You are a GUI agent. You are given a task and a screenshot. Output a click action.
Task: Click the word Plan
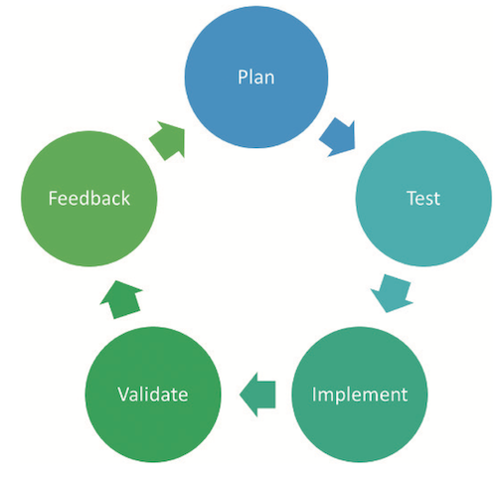[x=256, y=78]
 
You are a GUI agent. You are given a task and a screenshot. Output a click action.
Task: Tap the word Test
[x=423, y=199]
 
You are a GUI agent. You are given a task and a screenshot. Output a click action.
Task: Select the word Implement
[x=360, y=395]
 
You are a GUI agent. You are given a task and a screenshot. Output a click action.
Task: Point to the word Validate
[x=153, y=395]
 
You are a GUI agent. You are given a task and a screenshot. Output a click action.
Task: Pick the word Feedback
[x=89, y=198]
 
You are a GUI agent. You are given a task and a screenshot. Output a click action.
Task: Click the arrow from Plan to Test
[x=338, y=137]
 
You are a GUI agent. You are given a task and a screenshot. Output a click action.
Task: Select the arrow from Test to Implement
[x=392, y=293]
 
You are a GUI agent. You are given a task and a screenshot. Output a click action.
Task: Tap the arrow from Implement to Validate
[x=257, y=395]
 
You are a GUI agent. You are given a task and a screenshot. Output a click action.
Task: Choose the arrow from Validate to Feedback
[x=121, y=299]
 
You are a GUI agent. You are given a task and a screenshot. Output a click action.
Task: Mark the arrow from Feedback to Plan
[x=168, y=140]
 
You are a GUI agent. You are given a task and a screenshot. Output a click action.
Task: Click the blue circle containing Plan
[x=256, y=78]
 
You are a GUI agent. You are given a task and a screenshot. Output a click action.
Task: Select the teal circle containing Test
[x=423, y=199]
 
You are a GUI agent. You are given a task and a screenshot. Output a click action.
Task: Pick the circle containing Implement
[x=360, y=395]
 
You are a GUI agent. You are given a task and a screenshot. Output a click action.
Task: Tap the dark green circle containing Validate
[x=153, y=395]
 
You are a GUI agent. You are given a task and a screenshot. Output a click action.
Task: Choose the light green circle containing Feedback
[x=89, y=199]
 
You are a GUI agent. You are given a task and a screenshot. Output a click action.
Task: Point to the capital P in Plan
[x=243, y=78]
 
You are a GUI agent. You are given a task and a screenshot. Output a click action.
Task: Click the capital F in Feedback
[x=53, y=199]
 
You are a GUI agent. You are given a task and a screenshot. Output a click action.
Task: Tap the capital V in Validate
[x=124, y=395]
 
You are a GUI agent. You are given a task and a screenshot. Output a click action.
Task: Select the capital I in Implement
[x=314, y=395]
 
